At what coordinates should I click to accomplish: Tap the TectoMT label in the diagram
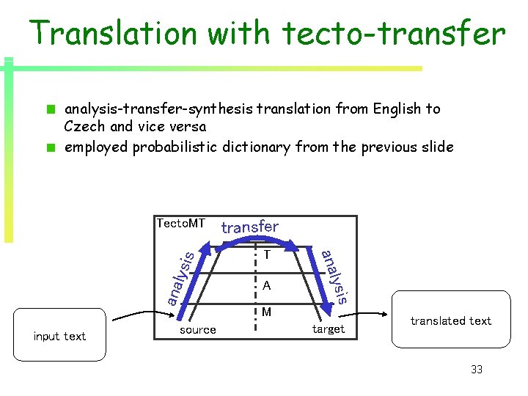(180, 224)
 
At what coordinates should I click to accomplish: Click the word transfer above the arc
(250, 227)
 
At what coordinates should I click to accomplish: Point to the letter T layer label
(268, 255)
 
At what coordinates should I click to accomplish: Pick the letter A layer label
(268, 285)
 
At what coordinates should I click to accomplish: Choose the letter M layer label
(268, 313)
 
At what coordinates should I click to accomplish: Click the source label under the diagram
(198, 330)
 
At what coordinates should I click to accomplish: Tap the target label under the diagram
(328, 329)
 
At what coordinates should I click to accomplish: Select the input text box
(59, 336)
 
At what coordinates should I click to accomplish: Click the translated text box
(451, 320)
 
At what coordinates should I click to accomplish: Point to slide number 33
(477, 370)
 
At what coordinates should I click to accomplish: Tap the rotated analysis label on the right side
(334, 276)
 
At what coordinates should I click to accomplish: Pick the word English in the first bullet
(397, 109)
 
